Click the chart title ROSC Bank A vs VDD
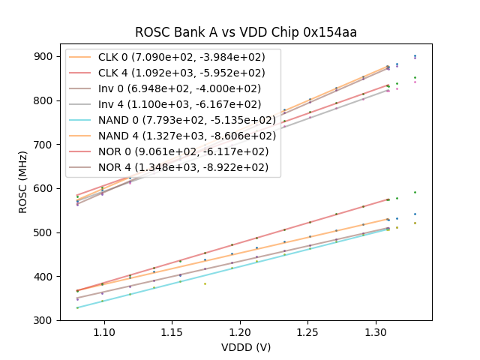tap(246, 32)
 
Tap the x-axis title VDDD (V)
tap(246, 347)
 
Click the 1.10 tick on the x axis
tap(103, 331)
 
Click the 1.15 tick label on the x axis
tap(172, 331)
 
